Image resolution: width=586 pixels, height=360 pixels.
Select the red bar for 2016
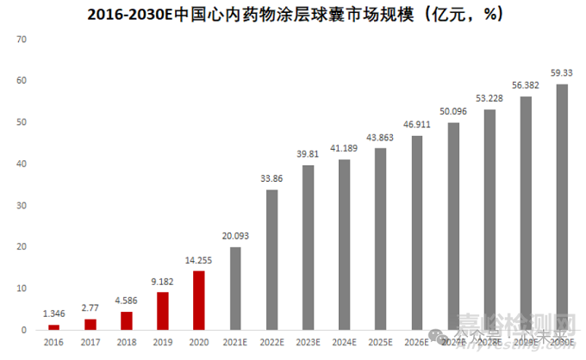click(54, 327)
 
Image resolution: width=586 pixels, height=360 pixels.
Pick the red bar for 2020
click(199, 301)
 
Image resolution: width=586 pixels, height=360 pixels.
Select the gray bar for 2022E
click(271, 259)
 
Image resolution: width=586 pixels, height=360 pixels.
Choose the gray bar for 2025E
click(380, 239)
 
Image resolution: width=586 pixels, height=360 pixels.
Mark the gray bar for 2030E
click(562, 207)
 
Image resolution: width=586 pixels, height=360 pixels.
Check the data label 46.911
click(416, 126)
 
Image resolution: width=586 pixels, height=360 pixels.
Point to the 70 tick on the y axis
click(22, 40)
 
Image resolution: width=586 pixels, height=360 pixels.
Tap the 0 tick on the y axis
click(25, 330)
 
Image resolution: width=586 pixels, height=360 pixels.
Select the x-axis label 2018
click(127, 343)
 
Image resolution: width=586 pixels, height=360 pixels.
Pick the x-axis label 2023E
click(308, 343)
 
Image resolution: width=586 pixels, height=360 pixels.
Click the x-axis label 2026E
click(416, 343)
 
